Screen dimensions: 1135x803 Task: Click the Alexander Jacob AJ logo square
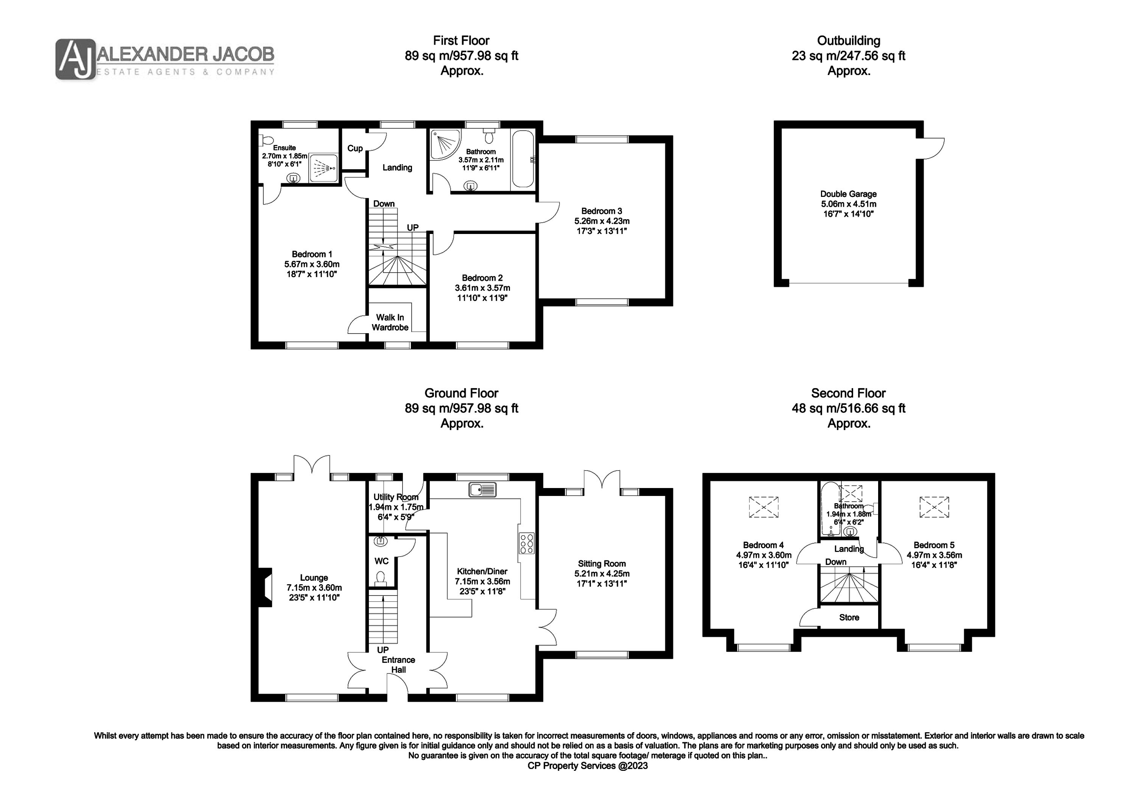(75, 59)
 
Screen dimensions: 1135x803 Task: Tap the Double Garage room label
(848, 194)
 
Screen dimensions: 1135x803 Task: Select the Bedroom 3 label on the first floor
(601, 211)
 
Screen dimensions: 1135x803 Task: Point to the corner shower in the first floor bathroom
(445, 145)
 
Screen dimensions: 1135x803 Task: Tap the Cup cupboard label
(355, 148)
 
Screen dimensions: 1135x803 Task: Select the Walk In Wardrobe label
(390, 322)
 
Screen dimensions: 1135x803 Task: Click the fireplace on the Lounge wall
(266, 587)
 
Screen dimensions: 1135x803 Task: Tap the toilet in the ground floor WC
(381, 578)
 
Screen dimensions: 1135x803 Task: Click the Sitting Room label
(602, 563)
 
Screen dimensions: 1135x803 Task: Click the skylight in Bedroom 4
(764, 507)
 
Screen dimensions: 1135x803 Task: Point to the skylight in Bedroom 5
(934, 507)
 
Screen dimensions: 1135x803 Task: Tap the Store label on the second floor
(849, 617)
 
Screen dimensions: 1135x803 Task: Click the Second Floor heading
(848, 393)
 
